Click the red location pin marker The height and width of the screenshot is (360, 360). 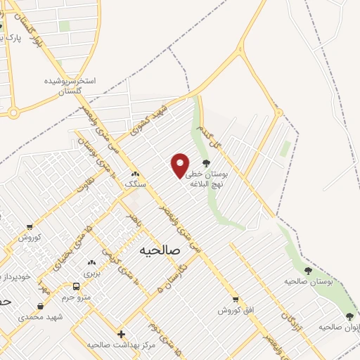[181, 165]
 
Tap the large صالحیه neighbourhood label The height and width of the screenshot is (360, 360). [160, 250]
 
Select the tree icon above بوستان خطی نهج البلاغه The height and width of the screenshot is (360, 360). [206, 163]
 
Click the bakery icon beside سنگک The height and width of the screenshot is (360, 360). [134, 173]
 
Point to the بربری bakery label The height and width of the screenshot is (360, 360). [93, 272]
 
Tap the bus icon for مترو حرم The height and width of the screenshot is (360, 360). [76, 285]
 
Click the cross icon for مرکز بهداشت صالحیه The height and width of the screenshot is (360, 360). [121, 334]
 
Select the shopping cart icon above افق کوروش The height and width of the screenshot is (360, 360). [236, 298]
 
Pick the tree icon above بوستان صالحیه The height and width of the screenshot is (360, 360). [308, 270]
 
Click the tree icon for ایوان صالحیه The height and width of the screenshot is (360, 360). [350, 316]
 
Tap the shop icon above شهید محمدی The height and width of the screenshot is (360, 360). [41, 307]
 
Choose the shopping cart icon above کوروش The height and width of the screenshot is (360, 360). [29, 226]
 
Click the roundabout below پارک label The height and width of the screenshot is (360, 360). [13, 112]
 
